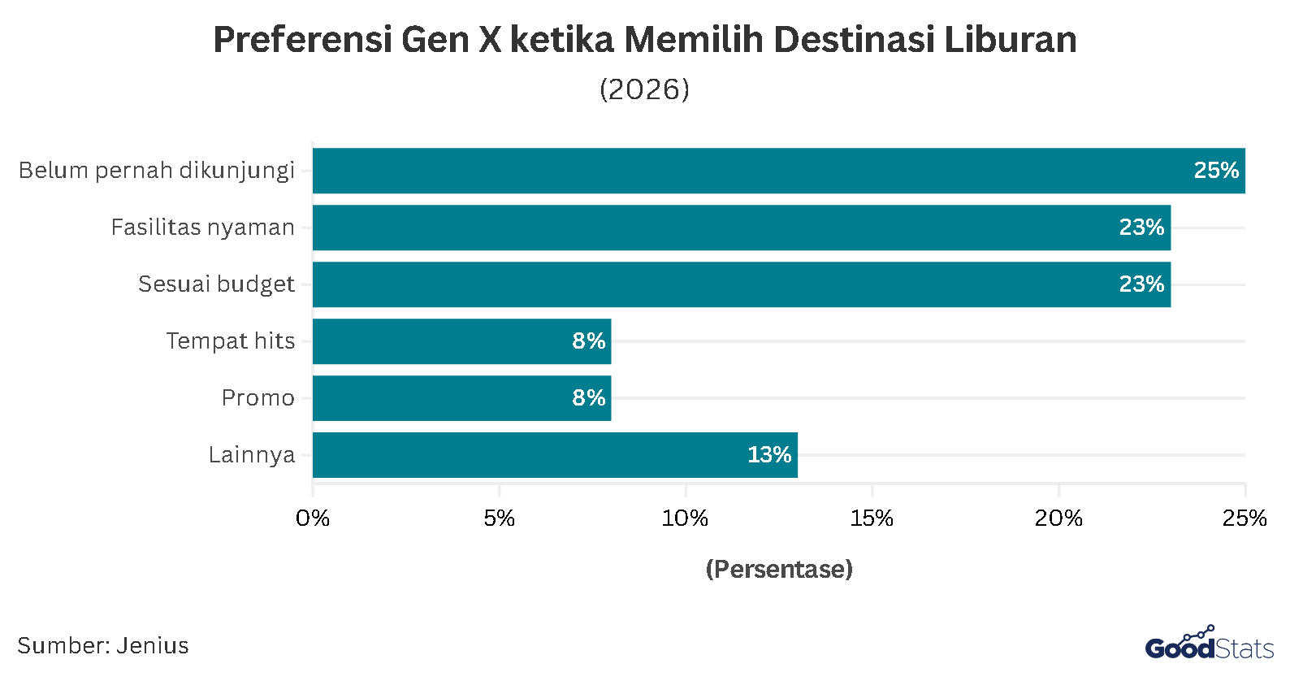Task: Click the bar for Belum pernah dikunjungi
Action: coord(778,171)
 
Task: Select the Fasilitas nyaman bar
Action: coord(741,228)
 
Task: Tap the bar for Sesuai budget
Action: coord(741,284)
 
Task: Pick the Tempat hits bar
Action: coord(461,341)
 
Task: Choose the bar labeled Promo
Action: coord(461,398)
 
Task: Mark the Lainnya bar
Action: coord(555,455)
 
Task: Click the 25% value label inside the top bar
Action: coord(1215,171)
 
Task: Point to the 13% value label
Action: coord(768,455)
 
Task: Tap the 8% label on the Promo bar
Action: coord(588,398)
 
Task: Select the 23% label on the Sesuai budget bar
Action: coord(1141,284)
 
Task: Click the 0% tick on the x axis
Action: coord(313,518)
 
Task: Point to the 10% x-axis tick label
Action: coord(685,518)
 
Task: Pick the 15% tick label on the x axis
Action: coord(872,518)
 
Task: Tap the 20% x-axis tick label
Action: coord(1058,518)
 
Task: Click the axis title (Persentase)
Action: coord(779,569)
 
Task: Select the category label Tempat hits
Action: coord(231,341)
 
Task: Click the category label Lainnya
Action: coord(252,455)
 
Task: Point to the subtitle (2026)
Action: coord(644,89)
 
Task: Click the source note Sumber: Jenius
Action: coord(103,646)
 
